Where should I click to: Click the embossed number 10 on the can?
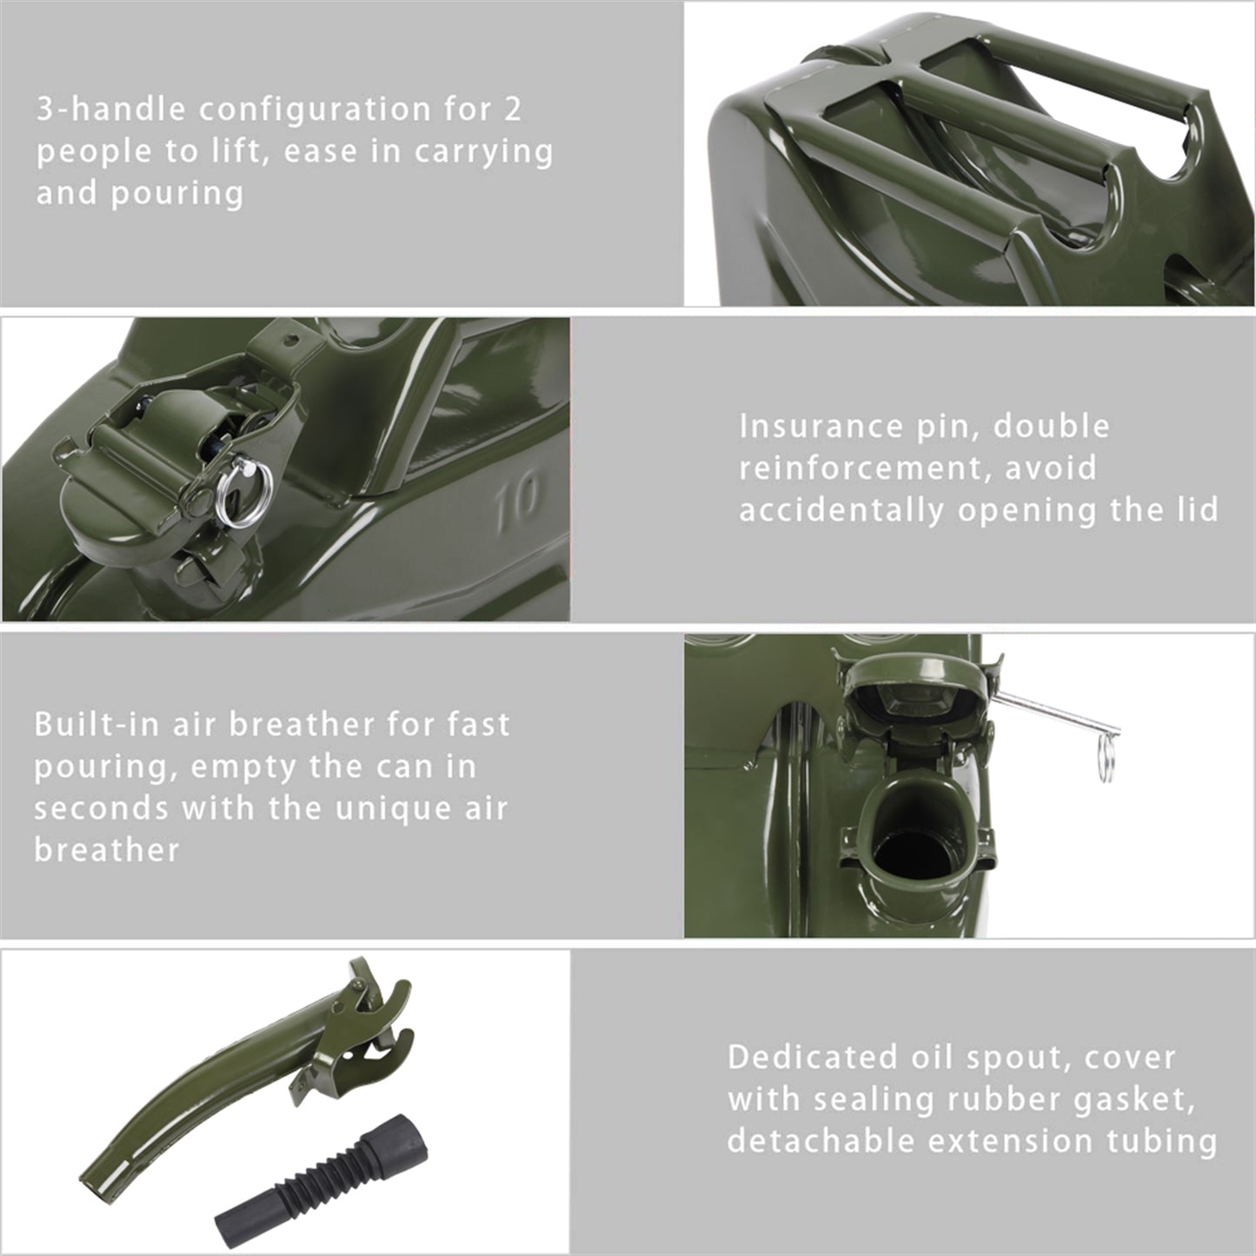516,504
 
